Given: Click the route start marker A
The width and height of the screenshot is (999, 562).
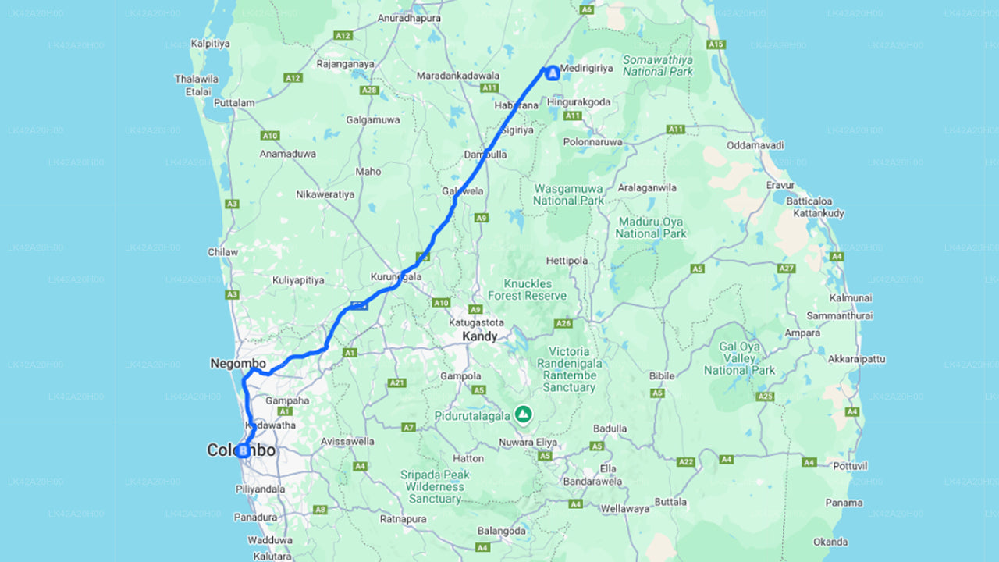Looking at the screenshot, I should point(553,73).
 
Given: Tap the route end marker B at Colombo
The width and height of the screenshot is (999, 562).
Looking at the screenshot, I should point(243,450).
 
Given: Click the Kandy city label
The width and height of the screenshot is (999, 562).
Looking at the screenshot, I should point(479,336).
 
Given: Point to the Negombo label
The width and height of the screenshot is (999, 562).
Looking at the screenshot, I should point(238,364).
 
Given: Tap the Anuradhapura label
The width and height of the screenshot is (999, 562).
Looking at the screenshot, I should point(409,18).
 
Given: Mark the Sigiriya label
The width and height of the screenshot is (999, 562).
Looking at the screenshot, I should point(517,130).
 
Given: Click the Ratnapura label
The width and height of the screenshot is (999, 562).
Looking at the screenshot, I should point(404,518).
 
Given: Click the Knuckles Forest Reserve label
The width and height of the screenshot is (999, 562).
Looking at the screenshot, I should point(528,290).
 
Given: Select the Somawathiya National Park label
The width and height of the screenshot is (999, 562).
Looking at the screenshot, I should point(657,66).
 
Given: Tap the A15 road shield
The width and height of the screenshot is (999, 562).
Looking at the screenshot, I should point(716,44).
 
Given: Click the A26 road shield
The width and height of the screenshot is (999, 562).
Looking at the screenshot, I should point(563,323).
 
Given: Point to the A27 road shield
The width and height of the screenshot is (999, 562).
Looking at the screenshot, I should point(786,269).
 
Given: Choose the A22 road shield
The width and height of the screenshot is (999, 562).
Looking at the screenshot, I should point(686,462).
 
